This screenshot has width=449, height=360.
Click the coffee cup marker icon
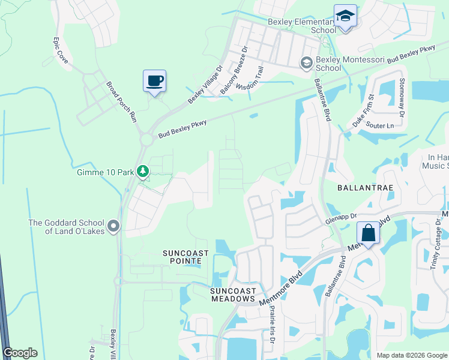click(154, 80)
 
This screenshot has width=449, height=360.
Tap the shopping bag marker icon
click(368, 233)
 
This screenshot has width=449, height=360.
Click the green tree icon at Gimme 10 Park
click(142, 172)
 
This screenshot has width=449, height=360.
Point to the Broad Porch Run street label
click(122, 103)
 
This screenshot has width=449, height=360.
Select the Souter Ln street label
click(379, 126)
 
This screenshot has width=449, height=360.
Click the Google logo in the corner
click(20, 353)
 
